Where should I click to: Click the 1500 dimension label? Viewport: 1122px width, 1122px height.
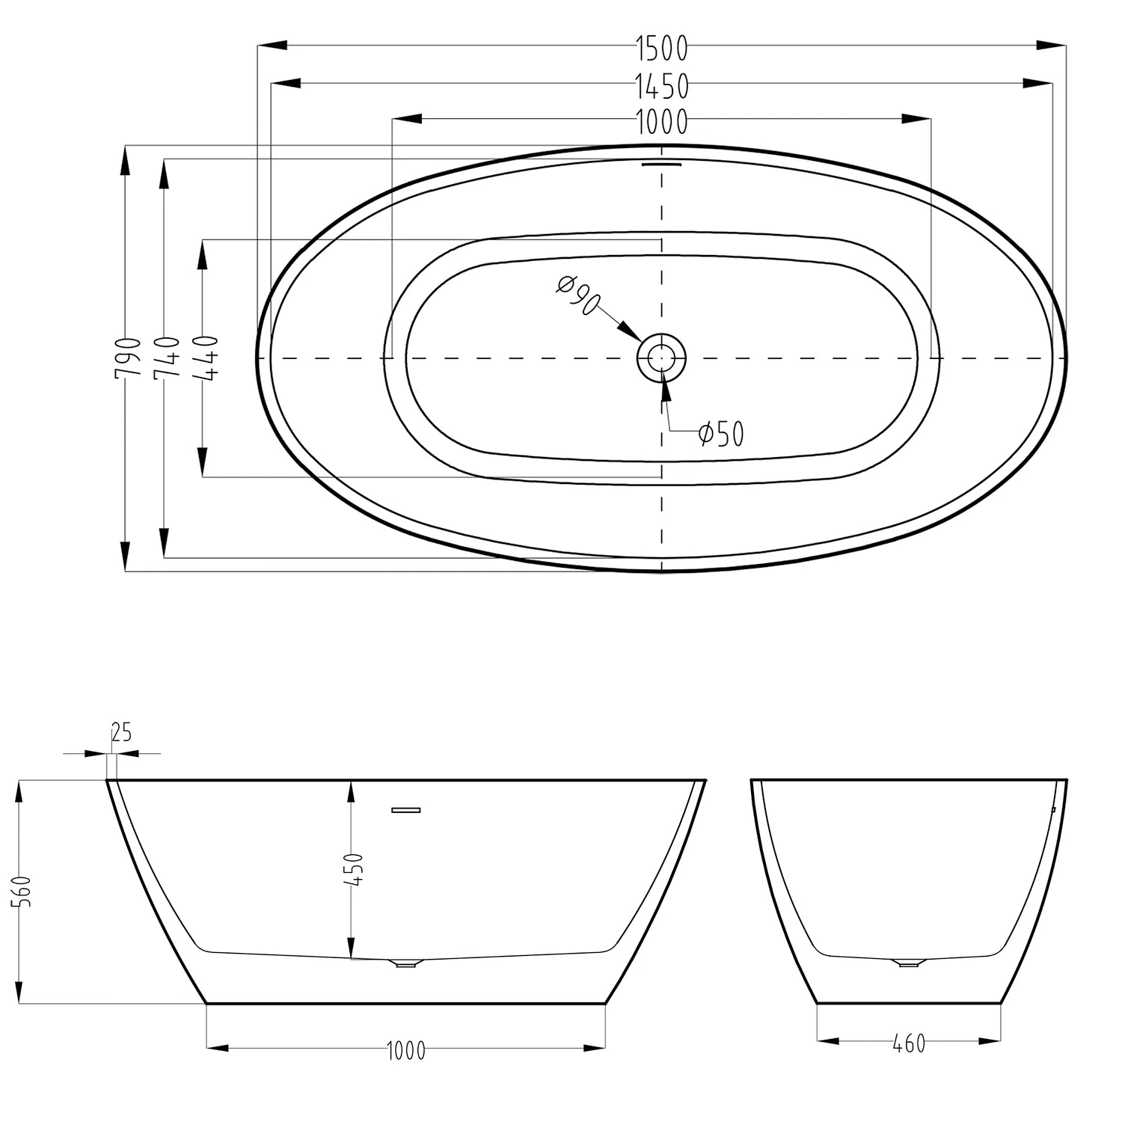[x=662, y=48]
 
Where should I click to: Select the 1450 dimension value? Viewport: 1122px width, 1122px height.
[x=662, y=87]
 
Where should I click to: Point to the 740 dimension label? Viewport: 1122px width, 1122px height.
[x=167, y=358]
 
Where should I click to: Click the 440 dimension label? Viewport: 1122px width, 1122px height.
[x=205, y=358]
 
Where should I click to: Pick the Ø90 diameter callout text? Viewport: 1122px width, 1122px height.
[x=579, y=294]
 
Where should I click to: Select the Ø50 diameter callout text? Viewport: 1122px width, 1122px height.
[x=721, y=433]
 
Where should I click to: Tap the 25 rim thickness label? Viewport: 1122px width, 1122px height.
[x=121, y=732]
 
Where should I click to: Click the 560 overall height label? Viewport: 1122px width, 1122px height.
[x=25, y=891]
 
